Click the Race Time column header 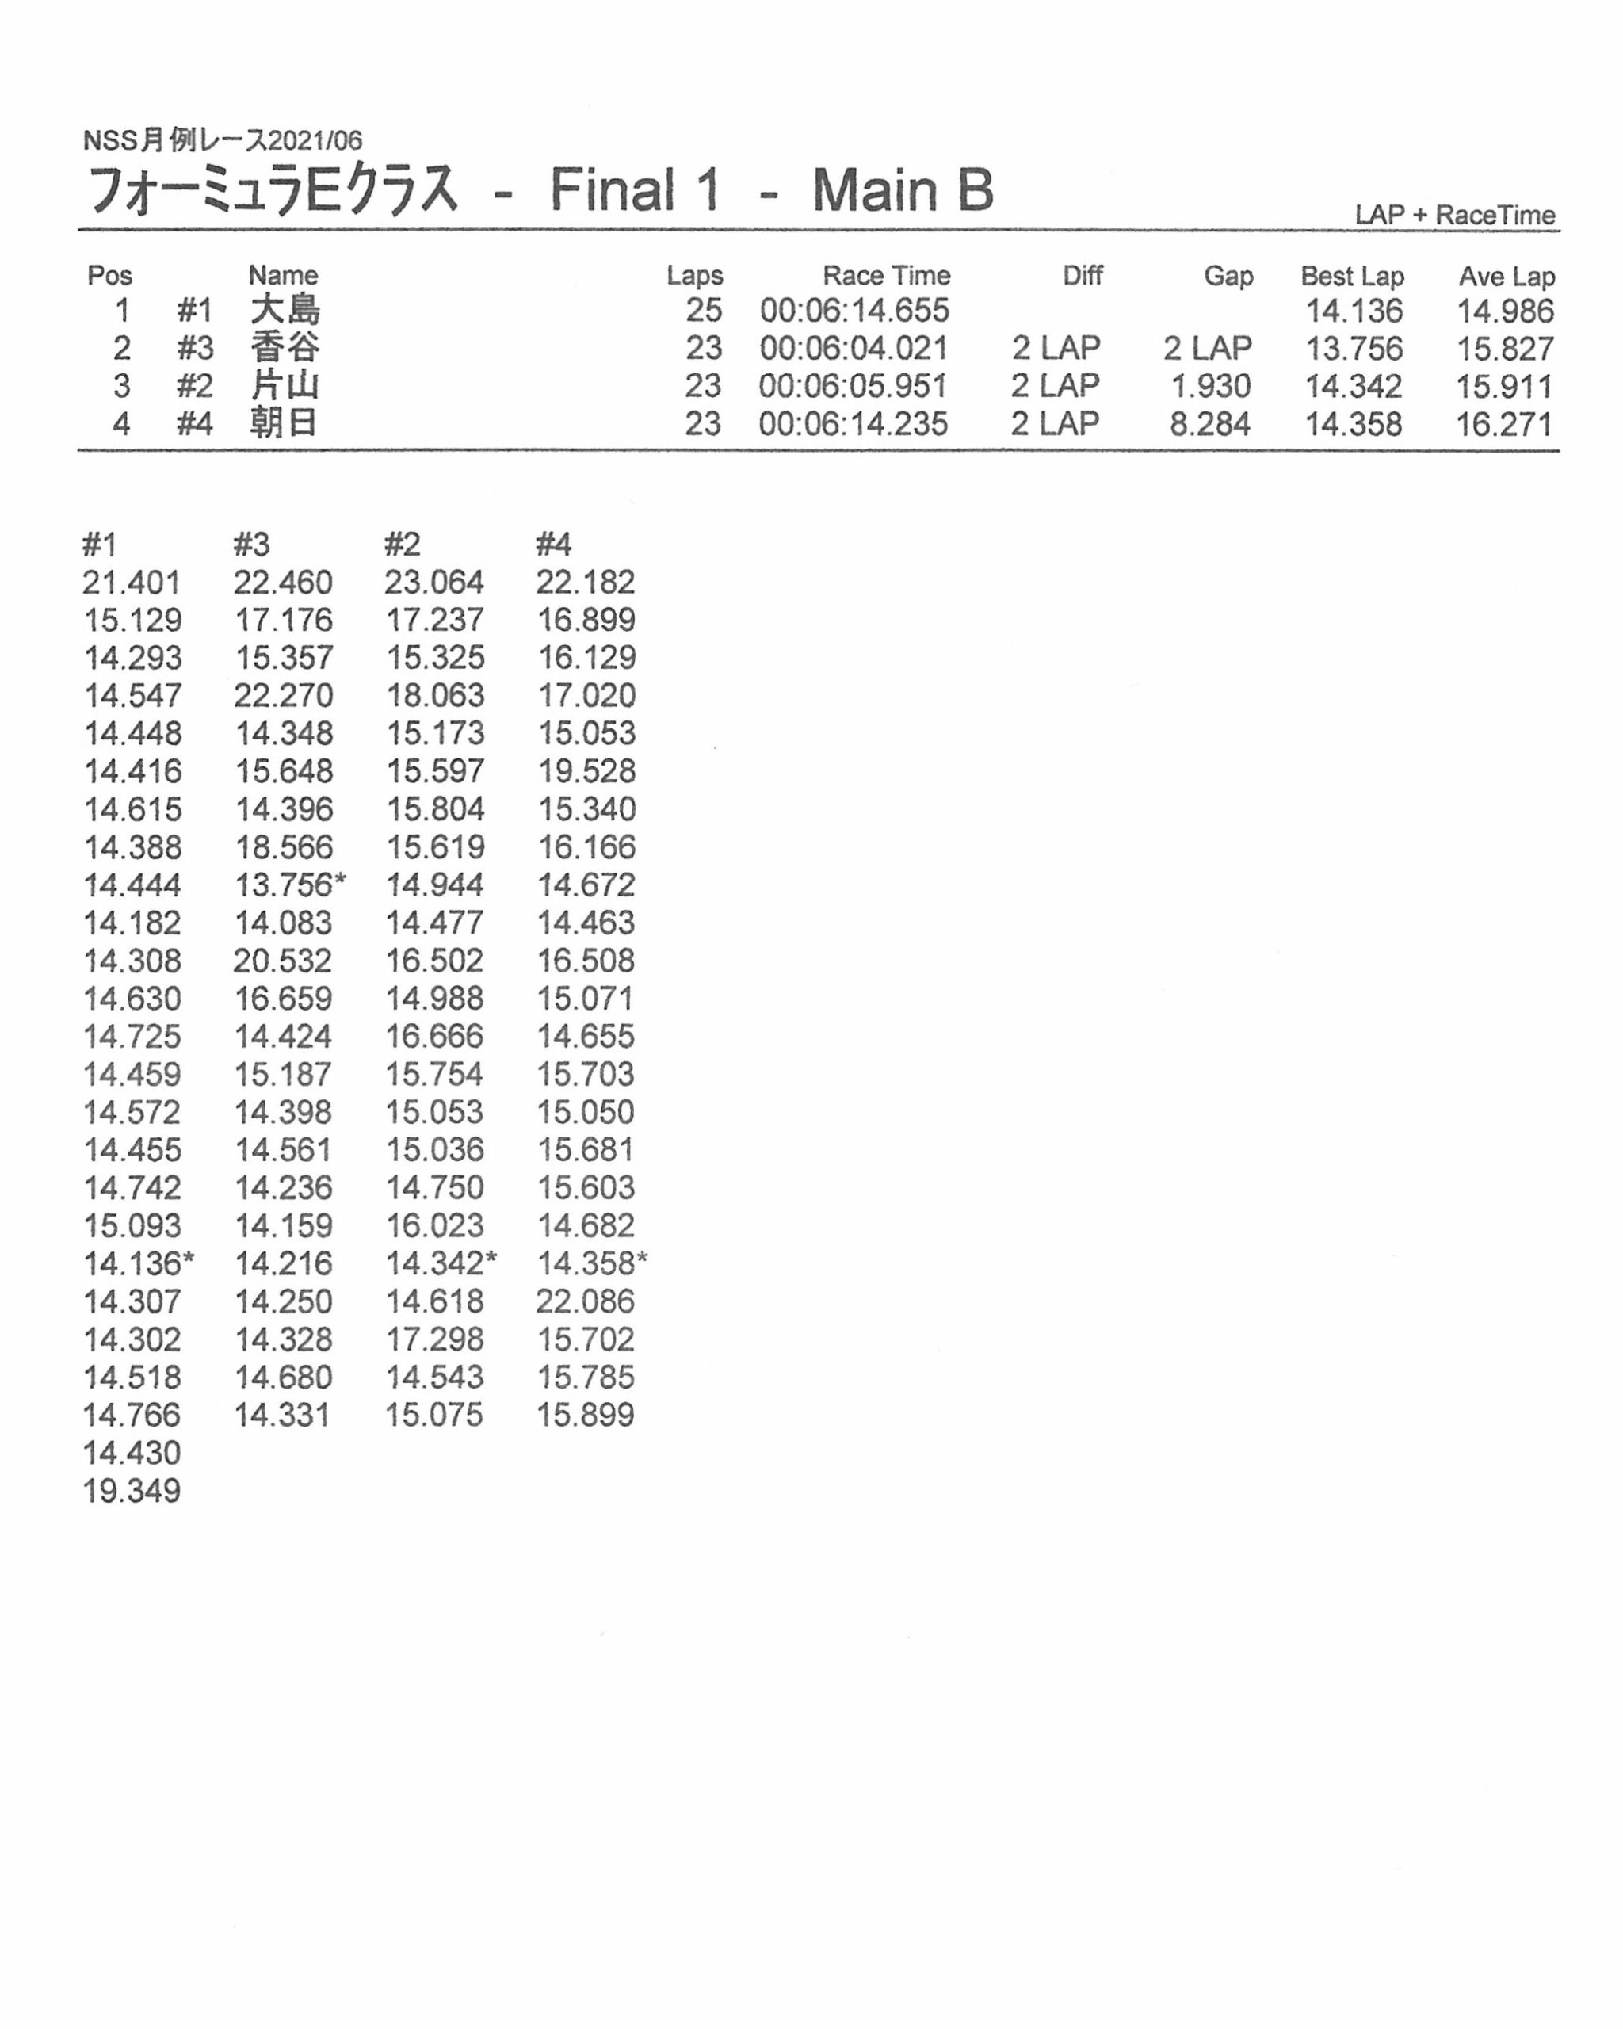tap(885, 276)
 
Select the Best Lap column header tap(1351, 276)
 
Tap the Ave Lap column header tap(1506, 276)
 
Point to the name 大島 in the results tap(285, 311)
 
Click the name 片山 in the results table tap(285, 386)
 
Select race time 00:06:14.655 tap(854, 311)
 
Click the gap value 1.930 tap(1210, 386)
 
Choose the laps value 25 tap(703, 311)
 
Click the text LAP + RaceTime tap(1454, 215)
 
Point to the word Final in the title tap(612, 189)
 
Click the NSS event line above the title tap(222, 140)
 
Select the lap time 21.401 tap(131, 583)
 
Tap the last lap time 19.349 tap(132, 1491)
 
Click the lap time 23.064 tap(433, 583)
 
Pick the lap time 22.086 tap(585, 1301)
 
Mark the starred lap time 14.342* tap(441, 1263)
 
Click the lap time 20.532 tap(282, 961)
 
